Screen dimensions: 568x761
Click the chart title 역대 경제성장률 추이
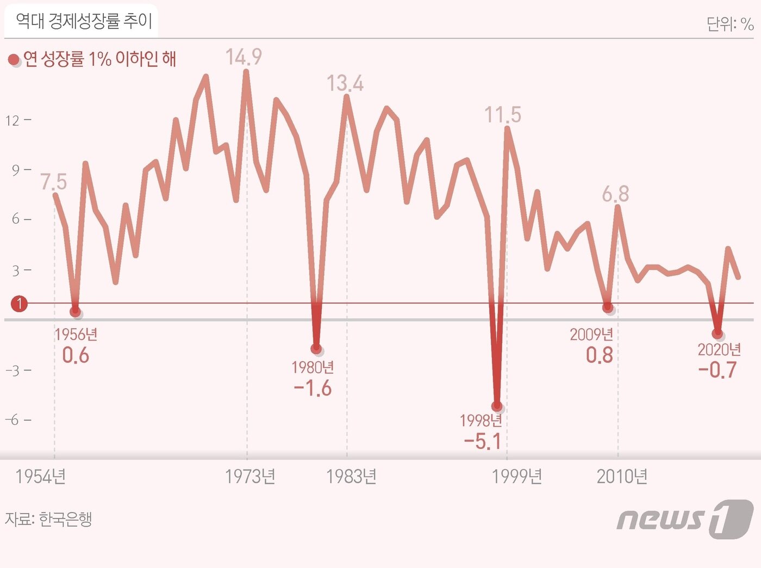(x=84, y=21)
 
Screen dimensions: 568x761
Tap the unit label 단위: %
(x=729, y=24)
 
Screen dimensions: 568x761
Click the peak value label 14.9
(x=244, y=57)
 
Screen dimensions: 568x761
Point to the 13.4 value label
(x=345, y=83)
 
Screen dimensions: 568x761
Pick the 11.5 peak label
(x=502, y=115)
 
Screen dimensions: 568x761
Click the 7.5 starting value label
(x=53, y=182)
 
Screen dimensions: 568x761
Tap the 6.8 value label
(x=615, y=194)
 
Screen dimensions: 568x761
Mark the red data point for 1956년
(x=75, y=311)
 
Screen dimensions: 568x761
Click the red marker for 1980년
(x=316, y=349)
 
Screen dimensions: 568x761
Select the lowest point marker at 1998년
(x=496, y=406)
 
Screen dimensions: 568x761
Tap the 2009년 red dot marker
(x=608, y=307)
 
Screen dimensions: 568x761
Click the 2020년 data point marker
(x=718, y=333)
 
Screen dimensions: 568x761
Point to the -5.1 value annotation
(x=482, y=441)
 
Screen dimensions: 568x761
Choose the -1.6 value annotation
(x=313, y=388)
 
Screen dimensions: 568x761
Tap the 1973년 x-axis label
(x=250, y=477)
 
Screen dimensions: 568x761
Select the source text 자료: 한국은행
(x=48, y=519)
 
